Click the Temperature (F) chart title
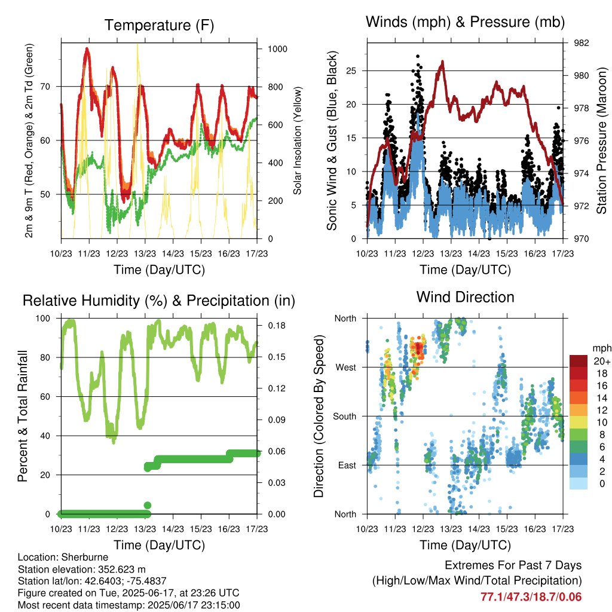point(159,25)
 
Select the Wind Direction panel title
point(465,297)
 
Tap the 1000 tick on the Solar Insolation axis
point(277,49)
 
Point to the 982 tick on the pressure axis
point(581,43)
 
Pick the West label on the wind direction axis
point(345,368)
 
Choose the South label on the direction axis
point(344,417)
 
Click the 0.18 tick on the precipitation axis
point(277,326)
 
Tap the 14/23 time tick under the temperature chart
point(173,253)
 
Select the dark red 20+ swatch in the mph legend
point(578,361)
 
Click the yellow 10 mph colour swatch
point(578,423)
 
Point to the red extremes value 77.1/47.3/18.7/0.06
point(531,597)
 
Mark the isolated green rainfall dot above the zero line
point(148,506)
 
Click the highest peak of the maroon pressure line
point(442,62)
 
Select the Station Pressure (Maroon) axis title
point(601,140)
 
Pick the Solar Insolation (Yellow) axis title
point(298,140)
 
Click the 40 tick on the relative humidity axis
point(45,436)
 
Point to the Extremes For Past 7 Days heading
point(513,565)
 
